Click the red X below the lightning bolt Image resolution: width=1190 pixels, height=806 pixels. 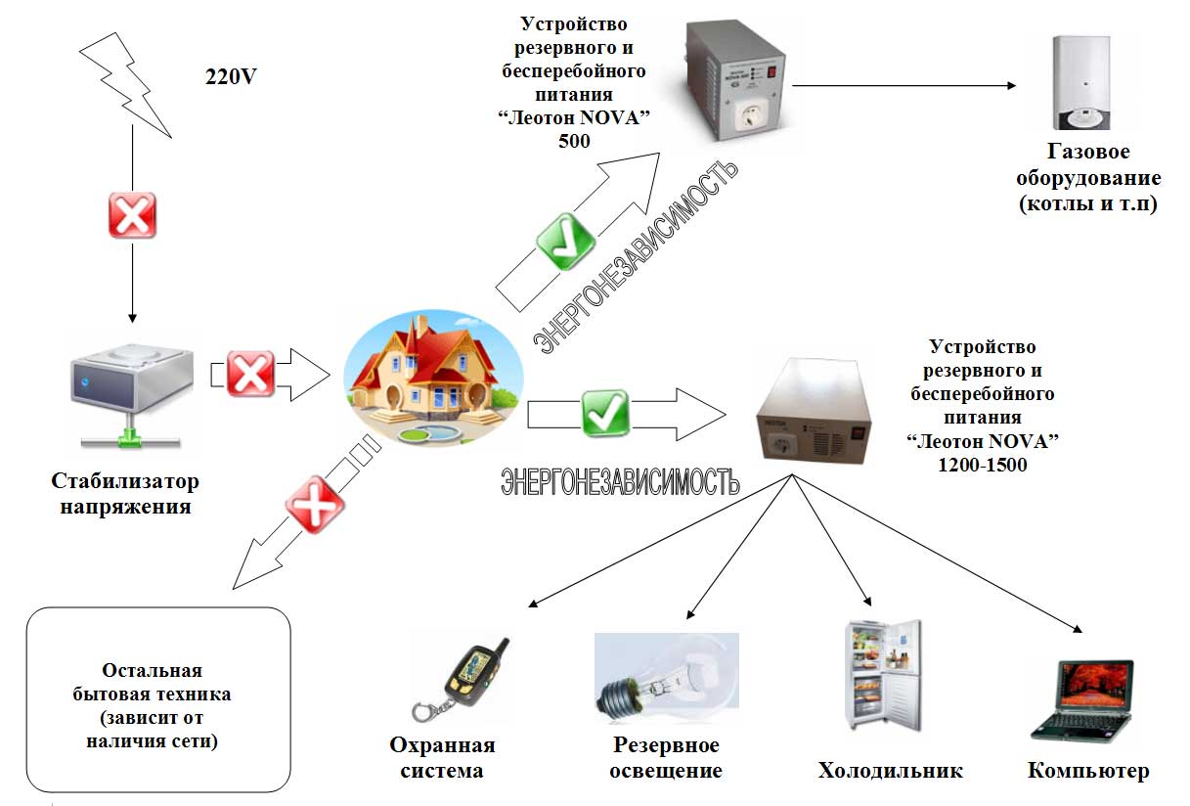132,214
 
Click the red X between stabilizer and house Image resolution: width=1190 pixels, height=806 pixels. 250,375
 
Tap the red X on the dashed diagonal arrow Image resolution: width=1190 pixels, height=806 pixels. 315,506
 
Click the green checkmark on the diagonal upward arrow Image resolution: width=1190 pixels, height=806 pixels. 565,240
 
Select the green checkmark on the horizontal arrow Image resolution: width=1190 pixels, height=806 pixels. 605,412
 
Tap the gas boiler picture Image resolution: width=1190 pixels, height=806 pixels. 1082,83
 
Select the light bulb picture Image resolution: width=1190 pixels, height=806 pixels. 665,675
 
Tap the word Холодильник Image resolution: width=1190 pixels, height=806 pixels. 890,771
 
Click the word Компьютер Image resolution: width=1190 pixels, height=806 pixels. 1088,771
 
